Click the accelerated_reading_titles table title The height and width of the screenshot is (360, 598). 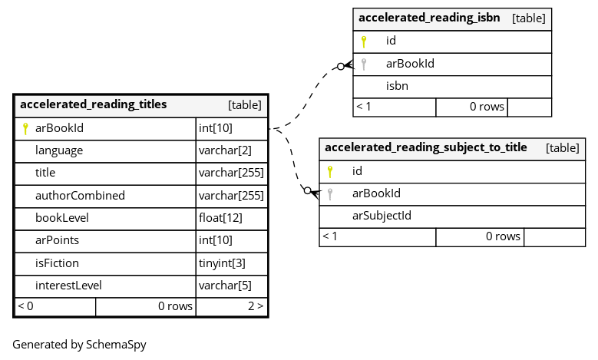94,104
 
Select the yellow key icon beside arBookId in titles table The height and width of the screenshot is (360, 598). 25,128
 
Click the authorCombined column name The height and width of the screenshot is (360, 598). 80,196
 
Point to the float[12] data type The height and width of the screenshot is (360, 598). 220,218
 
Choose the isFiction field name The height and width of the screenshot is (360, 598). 58,263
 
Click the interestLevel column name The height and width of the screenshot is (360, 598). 68,286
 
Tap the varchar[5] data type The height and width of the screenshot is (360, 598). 225,286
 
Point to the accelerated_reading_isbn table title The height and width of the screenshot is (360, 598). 429,18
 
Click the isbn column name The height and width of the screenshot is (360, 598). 397,86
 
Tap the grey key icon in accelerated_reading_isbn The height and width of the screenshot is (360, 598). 364,64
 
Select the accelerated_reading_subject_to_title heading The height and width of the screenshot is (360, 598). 426,147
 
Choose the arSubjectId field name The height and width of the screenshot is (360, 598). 382,216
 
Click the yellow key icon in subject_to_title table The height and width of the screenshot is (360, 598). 330,172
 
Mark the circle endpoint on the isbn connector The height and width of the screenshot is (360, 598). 341,66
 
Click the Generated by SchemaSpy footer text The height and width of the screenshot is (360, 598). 79,345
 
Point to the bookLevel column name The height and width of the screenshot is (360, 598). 62,218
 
